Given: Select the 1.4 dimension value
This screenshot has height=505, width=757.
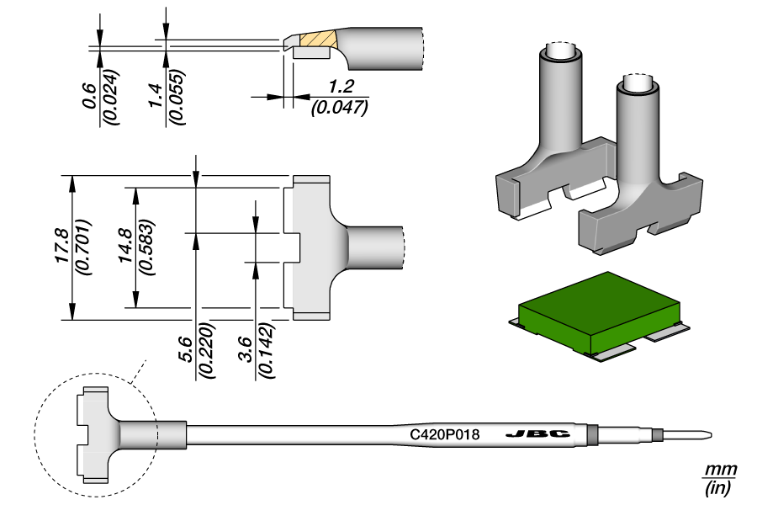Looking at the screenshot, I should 156,100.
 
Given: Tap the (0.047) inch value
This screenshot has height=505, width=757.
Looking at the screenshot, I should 340,107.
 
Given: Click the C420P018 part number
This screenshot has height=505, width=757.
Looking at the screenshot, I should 444,435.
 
